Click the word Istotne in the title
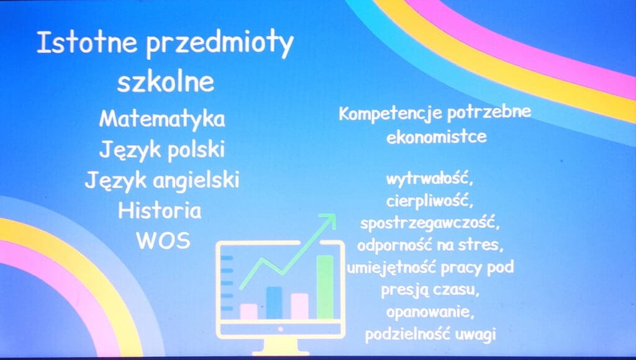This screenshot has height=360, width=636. [87, 42]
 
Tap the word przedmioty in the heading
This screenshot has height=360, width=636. [219, 45]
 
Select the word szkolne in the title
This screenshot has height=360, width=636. [165, 81]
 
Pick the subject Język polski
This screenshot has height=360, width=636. [162, 150]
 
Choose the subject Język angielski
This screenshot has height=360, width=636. [162, 181]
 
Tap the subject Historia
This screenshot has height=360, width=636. [160, 210]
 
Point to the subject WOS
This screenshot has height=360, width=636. [163, 241]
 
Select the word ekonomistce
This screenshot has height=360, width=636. [437, 137]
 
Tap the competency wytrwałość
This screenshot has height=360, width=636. [429, 179]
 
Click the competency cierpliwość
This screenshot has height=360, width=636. [430, 201]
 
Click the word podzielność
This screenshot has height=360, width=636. [407, 335]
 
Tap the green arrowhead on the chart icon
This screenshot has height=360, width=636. [328, 220]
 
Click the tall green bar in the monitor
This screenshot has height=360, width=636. [325, 287]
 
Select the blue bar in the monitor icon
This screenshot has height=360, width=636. [274, 302]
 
